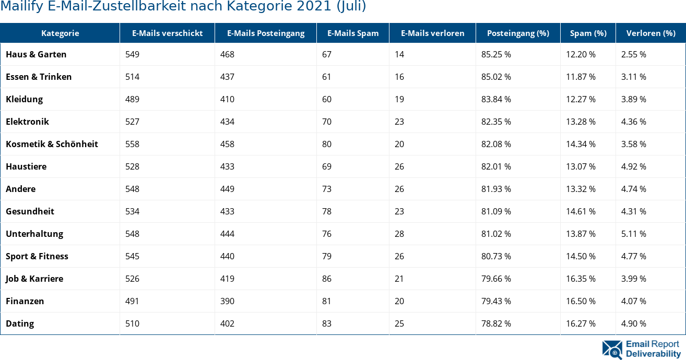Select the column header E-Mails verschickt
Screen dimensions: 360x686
tap(167, 33)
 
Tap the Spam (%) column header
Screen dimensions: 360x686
tap(588, 33)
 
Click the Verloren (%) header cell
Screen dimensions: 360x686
tap(650, 33)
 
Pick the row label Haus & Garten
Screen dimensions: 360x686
tap(36, 54)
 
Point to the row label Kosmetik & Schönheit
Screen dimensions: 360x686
tap(52, 144)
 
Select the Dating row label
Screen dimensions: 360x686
tap(20, 323)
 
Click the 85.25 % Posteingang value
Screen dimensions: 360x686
tap(496, 54)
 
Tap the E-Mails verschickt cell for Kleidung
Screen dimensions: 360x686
tap(133, 99)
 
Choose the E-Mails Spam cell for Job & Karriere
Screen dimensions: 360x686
tap(327, 279)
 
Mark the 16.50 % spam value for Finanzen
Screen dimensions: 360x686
tap(581, 301)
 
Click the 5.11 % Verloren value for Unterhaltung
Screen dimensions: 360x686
tap(633, 234)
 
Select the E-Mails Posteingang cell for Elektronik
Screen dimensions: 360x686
tap(227, 122)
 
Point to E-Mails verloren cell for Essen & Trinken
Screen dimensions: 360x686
tap(399, 77)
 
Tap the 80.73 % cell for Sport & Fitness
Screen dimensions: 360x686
tap(496, 256)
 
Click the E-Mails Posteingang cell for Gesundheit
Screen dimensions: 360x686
tap(227, 211)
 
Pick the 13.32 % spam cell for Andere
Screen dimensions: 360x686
tap(581, 189)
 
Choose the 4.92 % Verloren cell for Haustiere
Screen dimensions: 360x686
tap(633, 166)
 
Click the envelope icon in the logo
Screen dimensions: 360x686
tap(612, 350)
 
